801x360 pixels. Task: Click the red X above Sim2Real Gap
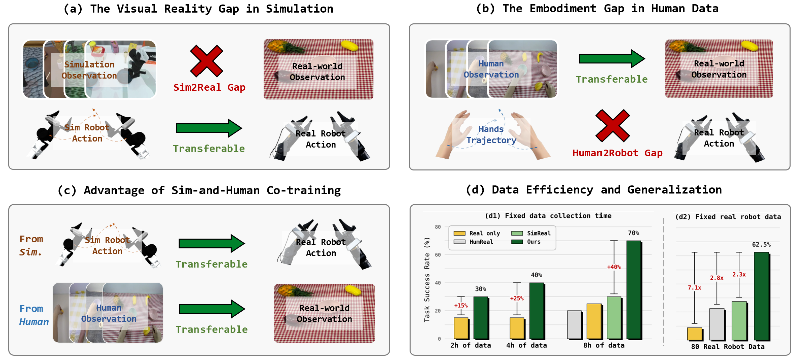(207, 61)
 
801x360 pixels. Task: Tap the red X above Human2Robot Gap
(613, 126)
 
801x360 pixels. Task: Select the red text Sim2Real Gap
(210, 87)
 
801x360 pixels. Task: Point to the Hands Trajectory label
(491, 134)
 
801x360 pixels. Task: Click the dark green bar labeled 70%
(634, 290)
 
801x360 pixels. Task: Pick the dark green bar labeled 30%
(481, 318)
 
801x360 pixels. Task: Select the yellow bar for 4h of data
(517, 328)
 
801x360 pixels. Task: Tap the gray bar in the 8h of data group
(574, 324)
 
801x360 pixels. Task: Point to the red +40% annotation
(614, 267)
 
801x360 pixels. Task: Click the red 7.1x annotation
(694, 288)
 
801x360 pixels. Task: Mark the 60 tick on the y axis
(438, 255)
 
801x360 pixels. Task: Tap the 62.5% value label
(762, 244)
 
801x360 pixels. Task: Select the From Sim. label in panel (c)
(31, 246)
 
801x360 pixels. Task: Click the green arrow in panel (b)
(612, 59)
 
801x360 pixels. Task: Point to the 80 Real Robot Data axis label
(728, 347)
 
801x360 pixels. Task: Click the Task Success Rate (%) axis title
(427, 279)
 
